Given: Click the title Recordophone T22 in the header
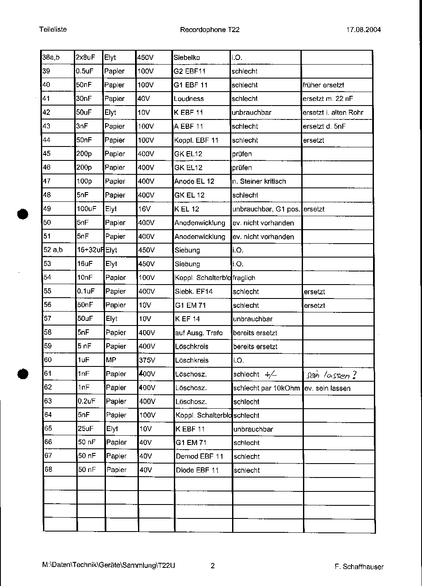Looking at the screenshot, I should point(209,30).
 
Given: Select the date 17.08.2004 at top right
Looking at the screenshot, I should point(363,30).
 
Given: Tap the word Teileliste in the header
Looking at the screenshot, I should point(53,29).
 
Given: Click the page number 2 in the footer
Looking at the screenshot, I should point(213,566).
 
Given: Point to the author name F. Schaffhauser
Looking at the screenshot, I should point(359,567).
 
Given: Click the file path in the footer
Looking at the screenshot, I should point(108,566).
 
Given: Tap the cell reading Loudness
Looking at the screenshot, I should point(189,99).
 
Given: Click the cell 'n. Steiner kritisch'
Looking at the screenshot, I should point(259,182).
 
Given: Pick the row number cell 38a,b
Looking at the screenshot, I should point(51,57).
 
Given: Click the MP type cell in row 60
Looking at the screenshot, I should point(111,360).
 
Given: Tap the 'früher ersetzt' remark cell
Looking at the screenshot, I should point(323,85).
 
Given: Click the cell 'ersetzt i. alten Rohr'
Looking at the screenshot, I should point(333,113).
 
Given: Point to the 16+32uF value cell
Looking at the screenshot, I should point(90,250).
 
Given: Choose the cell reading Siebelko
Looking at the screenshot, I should point(187,57).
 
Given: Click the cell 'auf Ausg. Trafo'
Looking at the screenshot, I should point(199,333).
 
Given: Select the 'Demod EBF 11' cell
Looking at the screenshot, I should point(200,456).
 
